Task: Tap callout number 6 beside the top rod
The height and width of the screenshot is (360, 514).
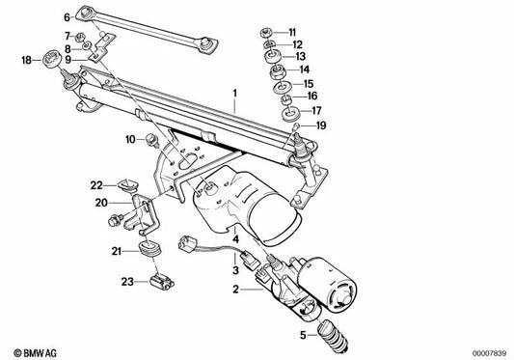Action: [x=67, y=17]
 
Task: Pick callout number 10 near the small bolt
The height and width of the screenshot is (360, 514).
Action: [x=129, y=141]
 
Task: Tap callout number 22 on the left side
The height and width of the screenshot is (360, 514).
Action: [x=97, y=184]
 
